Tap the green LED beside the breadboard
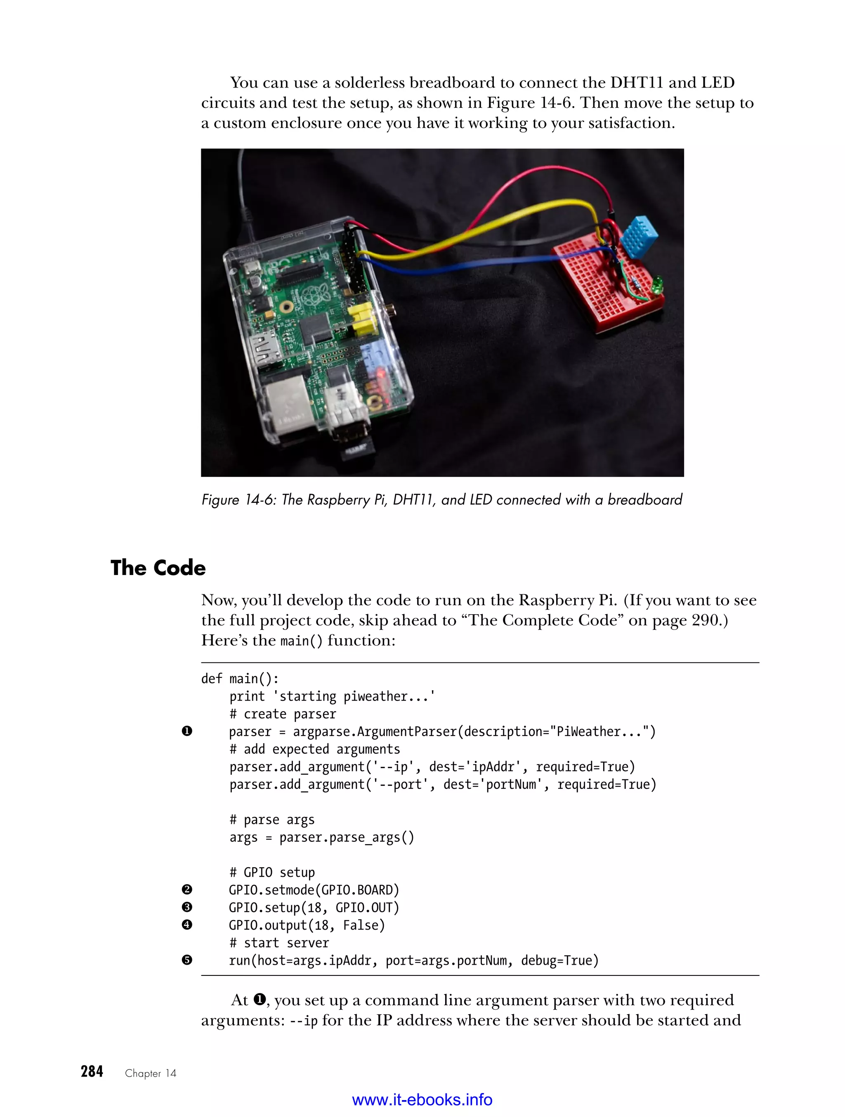pyautogui.click(x=657, y=286)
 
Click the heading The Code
pyautogui.click(x=158, y=568)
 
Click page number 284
pyautogui.click(x=92, y=1072)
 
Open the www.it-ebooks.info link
pyautogui.click(x=422, y=1100)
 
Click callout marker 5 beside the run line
pyautogui.click(x=187, y=960)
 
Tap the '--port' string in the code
pyautogui.click(x=400, y=784)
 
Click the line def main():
pyautogui.click(x=240, y=679)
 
